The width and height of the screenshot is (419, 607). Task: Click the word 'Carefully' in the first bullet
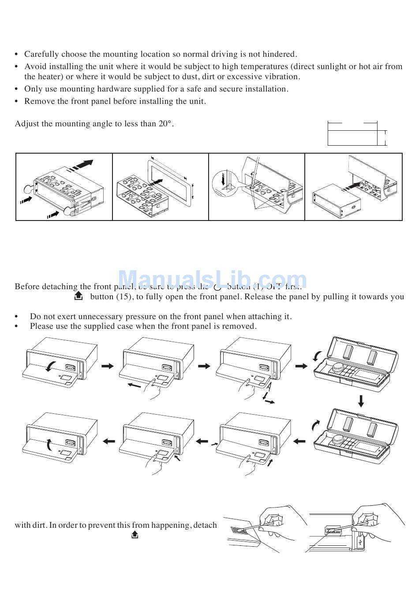pyautogui.click(x=41, y=54)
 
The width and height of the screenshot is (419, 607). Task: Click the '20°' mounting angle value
pyautogui.click(x=164, y=124)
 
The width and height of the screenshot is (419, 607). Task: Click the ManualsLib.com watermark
pyautogui.click(x=212, y=280)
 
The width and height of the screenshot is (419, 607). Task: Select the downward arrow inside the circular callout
pyautogui.click(x=224, y=180)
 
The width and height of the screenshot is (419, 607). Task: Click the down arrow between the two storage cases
pyautogui.click(x=361, y=401)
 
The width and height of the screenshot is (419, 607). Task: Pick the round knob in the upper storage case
pyautogui.click(x=338, y=367)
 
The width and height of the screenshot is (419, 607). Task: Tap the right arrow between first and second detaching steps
pyautogui.click(x=107, y=366)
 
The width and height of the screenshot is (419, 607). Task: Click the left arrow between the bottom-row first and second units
pyautogui.click(x=108, y=441)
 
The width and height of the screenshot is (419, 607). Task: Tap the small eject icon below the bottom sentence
pyautogui.click(x=135, y=535)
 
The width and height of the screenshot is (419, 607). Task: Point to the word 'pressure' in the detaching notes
pyautogui.click(x=151, y=316)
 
